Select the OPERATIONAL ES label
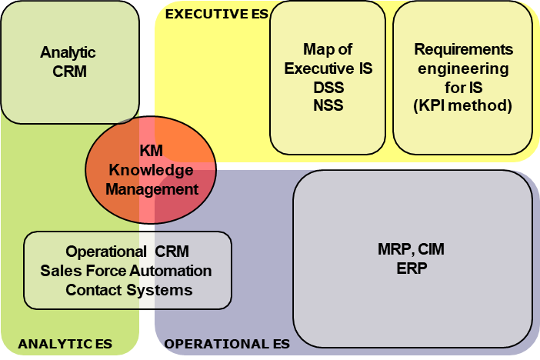point(227,344)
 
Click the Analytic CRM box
point(69,62)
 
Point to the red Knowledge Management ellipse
point(151,169)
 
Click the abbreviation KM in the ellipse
point(152,151)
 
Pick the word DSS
point(328,87)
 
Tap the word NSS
point(328,105)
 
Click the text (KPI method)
point(463,105)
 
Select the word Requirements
point(463,50)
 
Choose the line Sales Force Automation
point(127,271)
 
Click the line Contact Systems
point(128,290)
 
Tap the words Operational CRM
point(127,252)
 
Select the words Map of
point(328,50)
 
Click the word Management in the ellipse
point(152,188)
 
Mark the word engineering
point(463,68)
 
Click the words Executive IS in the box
point(328,68)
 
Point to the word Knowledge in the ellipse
point(152,169)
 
